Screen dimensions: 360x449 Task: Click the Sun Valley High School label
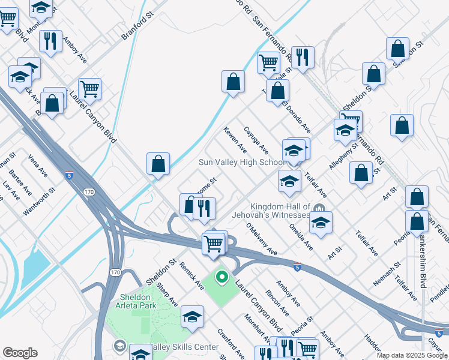[243, 163]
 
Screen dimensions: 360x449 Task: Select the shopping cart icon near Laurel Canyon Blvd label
[89, 89]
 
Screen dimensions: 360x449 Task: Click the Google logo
[20, 353]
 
